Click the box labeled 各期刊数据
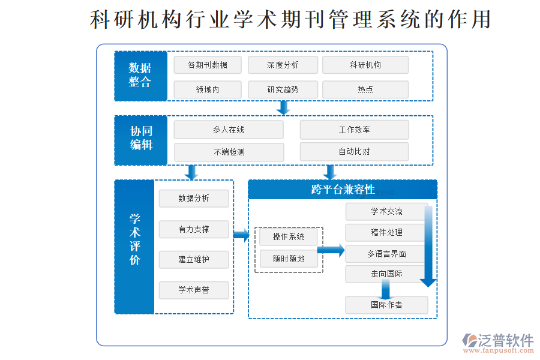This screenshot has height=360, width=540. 208,65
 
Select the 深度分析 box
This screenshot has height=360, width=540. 283,65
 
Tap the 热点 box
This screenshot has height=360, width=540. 365,89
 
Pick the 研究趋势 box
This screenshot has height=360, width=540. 283,89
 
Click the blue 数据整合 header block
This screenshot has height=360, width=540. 140,76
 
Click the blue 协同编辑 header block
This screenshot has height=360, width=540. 141,140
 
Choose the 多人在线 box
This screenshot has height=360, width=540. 229,130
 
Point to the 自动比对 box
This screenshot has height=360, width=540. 354,151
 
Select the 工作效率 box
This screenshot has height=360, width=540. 354,130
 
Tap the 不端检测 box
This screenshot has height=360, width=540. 229,152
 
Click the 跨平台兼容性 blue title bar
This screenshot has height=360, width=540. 343,190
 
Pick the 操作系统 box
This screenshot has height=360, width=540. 289,237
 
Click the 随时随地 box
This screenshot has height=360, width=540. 289,259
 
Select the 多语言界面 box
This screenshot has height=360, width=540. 386,254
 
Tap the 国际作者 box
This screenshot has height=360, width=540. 386,305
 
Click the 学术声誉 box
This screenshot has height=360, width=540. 194,290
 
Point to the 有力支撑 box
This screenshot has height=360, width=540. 194,229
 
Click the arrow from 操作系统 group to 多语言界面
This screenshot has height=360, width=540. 331,250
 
